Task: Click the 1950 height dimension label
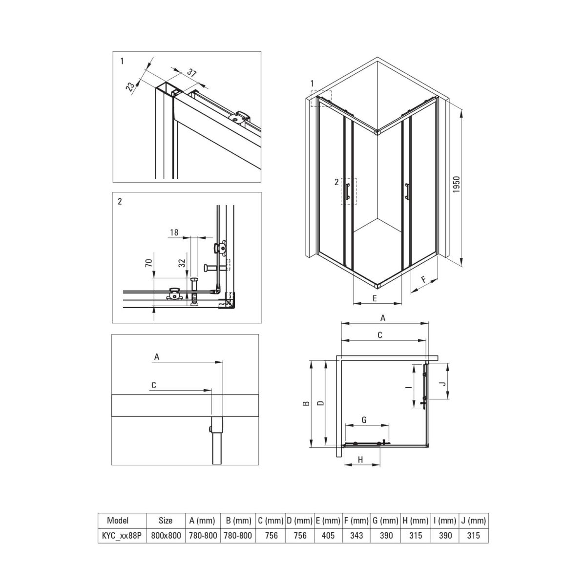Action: point(456,185)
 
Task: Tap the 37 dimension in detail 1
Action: point(191,73)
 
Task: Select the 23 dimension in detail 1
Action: point(130,86)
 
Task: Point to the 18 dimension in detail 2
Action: point(174,232)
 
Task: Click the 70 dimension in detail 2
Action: point(149,263)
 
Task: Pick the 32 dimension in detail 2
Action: point(182,263)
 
